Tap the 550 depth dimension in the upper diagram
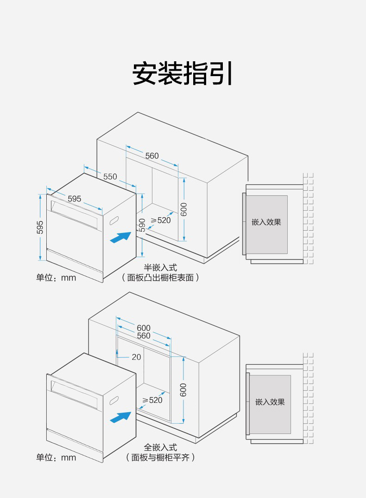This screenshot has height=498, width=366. tap(110, 176)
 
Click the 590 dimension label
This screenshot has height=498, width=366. tap(142, 225)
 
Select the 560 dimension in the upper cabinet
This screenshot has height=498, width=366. tap(152, 156)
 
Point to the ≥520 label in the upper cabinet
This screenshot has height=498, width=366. tap(161, 220)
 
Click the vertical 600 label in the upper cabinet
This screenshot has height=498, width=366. tap(183, 210)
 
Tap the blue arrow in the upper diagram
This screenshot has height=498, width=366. tap(120, 237)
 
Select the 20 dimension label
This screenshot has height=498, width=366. tap(136, 357)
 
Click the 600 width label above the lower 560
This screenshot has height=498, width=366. tap(144, 328)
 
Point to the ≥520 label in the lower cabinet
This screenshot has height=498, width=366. tap(152, 400)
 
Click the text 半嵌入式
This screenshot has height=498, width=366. tap(160, 268)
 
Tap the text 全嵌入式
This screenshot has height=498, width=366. tap(160, 447)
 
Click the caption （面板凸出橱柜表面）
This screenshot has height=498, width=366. tap(160, 278)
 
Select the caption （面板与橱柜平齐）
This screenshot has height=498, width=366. tap(160, 458)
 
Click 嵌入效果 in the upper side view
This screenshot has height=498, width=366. tap(266, 222)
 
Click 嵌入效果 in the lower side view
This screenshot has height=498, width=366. tap(270, 401)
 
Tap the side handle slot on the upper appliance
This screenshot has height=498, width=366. tap(114, 222)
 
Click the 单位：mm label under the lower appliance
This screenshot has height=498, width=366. tap(56, 458)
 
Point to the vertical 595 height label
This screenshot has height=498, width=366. tap(40, 227)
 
